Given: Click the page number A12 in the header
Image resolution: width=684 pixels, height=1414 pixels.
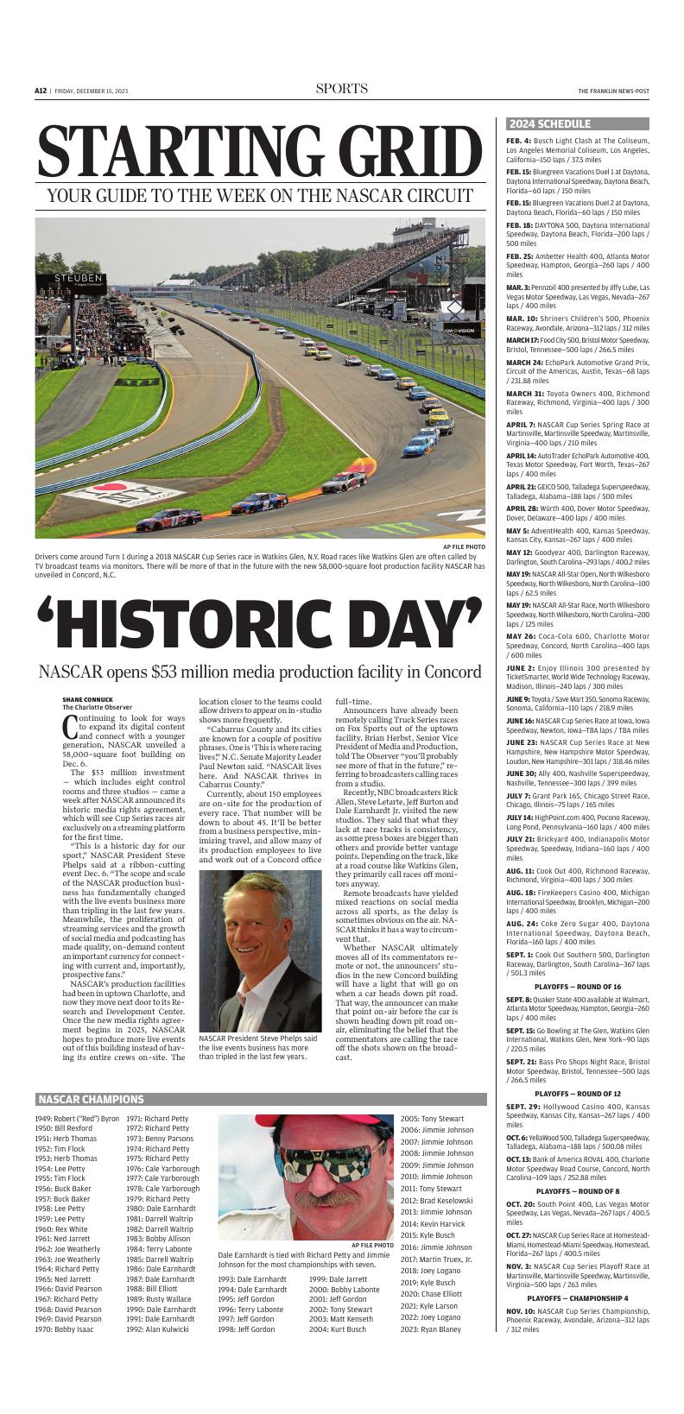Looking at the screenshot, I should pos(41,91).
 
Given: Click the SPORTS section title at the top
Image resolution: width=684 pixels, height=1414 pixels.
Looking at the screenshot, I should pos(341,89).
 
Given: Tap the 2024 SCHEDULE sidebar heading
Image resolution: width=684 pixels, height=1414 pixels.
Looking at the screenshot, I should pos(549,124).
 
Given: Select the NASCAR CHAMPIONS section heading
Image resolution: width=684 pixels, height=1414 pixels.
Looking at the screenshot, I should pos(90,1100).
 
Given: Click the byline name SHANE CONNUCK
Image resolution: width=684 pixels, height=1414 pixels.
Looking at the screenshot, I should pos(87,699).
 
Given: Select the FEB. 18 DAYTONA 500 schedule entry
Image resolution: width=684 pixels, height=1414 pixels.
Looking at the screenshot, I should pos(577,234).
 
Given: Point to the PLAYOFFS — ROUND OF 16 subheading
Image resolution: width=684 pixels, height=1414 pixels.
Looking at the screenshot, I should pos(577,962).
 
